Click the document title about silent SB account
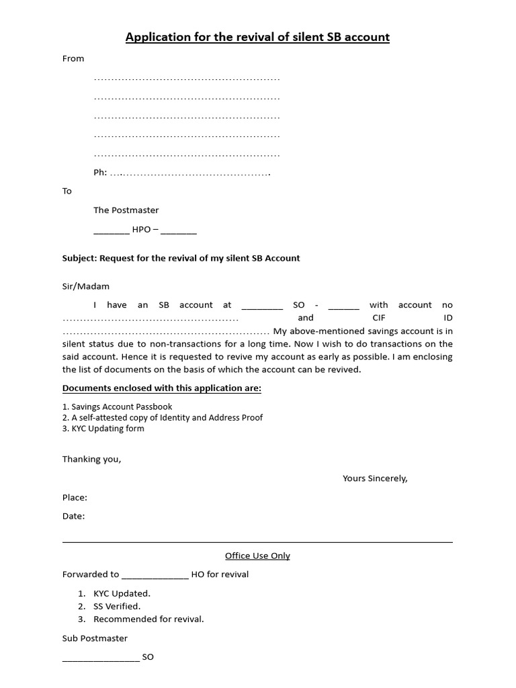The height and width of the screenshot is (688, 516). pos(257,37)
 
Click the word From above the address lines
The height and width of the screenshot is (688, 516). pos(73,58)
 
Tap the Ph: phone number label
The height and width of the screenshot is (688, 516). pos(100,173)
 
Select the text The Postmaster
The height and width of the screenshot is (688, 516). pos(126,210)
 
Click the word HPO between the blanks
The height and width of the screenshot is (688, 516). pos(142,229)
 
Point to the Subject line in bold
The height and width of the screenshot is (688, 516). pos(181,258)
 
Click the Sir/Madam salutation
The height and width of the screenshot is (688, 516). pos(86,286)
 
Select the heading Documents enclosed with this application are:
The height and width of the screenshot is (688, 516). pos(162,388)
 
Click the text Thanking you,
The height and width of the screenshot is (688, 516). pos(92,460)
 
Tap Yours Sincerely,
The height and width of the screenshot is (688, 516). pos(375,478)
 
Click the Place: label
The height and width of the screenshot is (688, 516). pos(75,498)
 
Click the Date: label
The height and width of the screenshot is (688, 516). pos(74,516)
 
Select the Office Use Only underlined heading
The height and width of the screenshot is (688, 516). pos(257,556)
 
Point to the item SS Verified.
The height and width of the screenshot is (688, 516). pos(117,606)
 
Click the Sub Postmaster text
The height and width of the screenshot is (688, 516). pos(95,638)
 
